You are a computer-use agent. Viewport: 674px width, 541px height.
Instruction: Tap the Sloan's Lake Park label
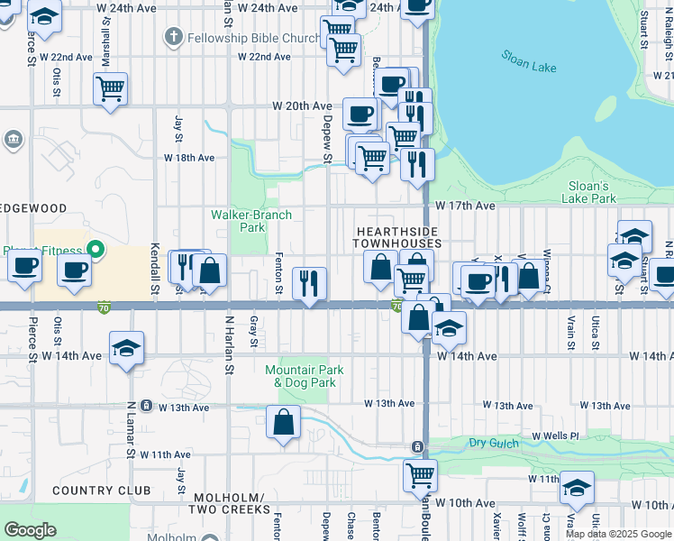588,192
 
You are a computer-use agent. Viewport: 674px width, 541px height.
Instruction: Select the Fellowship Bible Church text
253,38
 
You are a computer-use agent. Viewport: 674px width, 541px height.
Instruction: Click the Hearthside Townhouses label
396,237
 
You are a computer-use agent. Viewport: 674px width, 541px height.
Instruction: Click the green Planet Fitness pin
95,249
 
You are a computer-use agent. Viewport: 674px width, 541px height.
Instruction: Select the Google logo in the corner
30,529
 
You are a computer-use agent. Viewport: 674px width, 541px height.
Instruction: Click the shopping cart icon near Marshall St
110,89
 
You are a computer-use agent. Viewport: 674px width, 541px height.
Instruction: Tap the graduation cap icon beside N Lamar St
126,348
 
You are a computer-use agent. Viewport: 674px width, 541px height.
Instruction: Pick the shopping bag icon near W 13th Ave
283,422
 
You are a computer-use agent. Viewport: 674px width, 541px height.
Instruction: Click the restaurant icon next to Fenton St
310,284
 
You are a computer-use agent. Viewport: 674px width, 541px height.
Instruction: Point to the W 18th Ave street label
188,157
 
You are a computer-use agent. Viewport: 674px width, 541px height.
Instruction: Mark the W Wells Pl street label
555,436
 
